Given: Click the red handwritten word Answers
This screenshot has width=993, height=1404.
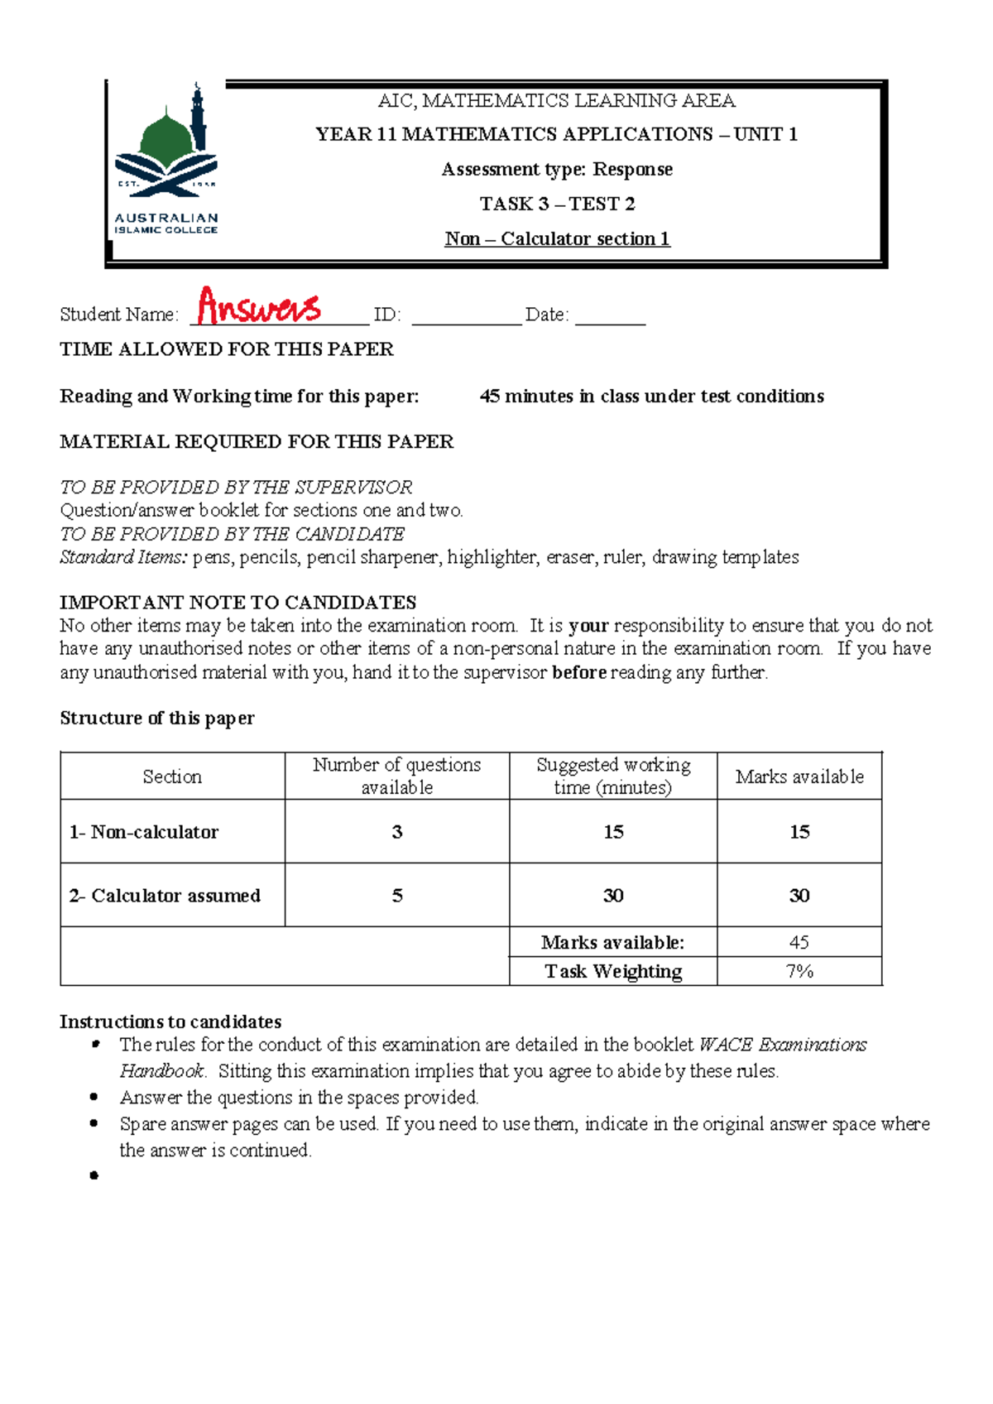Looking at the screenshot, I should point(259,307).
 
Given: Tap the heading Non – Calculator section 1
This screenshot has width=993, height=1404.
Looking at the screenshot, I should point(557,239).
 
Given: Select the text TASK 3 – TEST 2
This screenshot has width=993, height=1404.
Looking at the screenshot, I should point(557,204).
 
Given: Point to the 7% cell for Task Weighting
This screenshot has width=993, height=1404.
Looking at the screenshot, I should point(799,971).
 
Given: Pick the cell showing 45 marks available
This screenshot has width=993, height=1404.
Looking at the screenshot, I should point(799,942).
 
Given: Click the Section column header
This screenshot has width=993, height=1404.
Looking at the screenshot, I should point(172,777).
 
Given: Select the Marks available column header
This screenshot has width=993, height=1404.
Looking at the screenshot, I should point(799,777).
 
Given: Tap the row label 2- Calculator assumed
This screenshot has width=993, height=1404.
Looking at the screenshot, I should point(165,896).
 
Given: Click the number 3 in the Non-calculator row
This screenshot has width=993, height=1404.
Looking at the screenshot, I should point(397,832).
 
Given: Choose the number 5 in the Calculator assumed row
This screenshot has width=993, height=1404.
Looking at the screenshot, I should point(397,896).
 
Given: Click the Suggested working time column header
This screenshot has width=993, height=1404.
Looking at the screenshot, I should point(613,776).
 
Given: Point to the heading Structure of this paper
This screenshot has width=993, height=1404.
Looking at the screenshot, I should point(157,719).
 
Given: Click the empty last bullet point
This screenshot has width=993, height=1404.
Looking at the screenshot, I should point(94,1176).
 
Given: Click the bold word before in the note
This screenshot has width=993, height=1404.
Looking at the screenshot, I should point(579,672).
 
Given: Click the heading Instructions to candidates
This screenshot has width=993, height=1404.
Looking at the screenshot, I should point(170,1022).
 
